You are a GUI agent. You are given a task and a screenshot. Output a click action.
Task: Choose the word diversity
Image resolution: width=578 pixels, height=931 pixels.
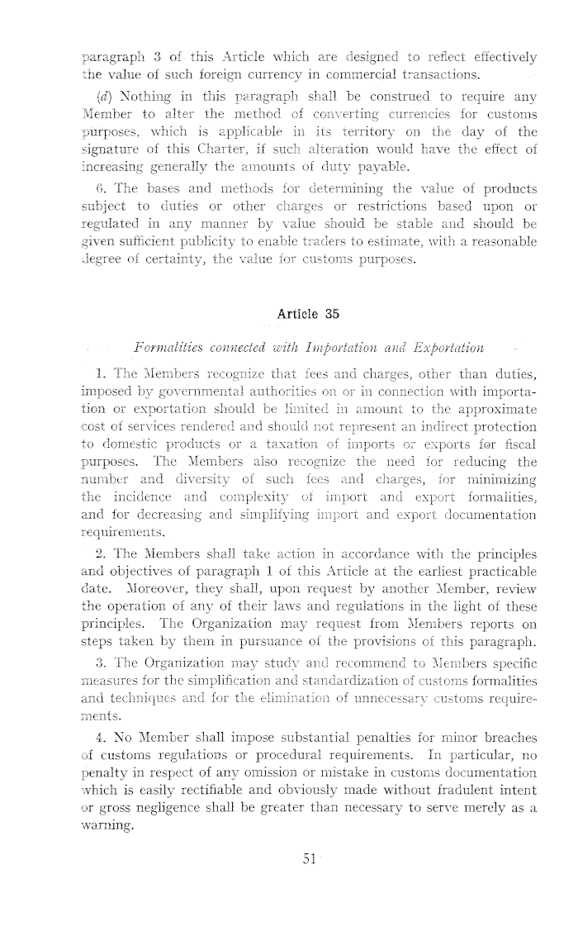(x=226, y=480)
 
